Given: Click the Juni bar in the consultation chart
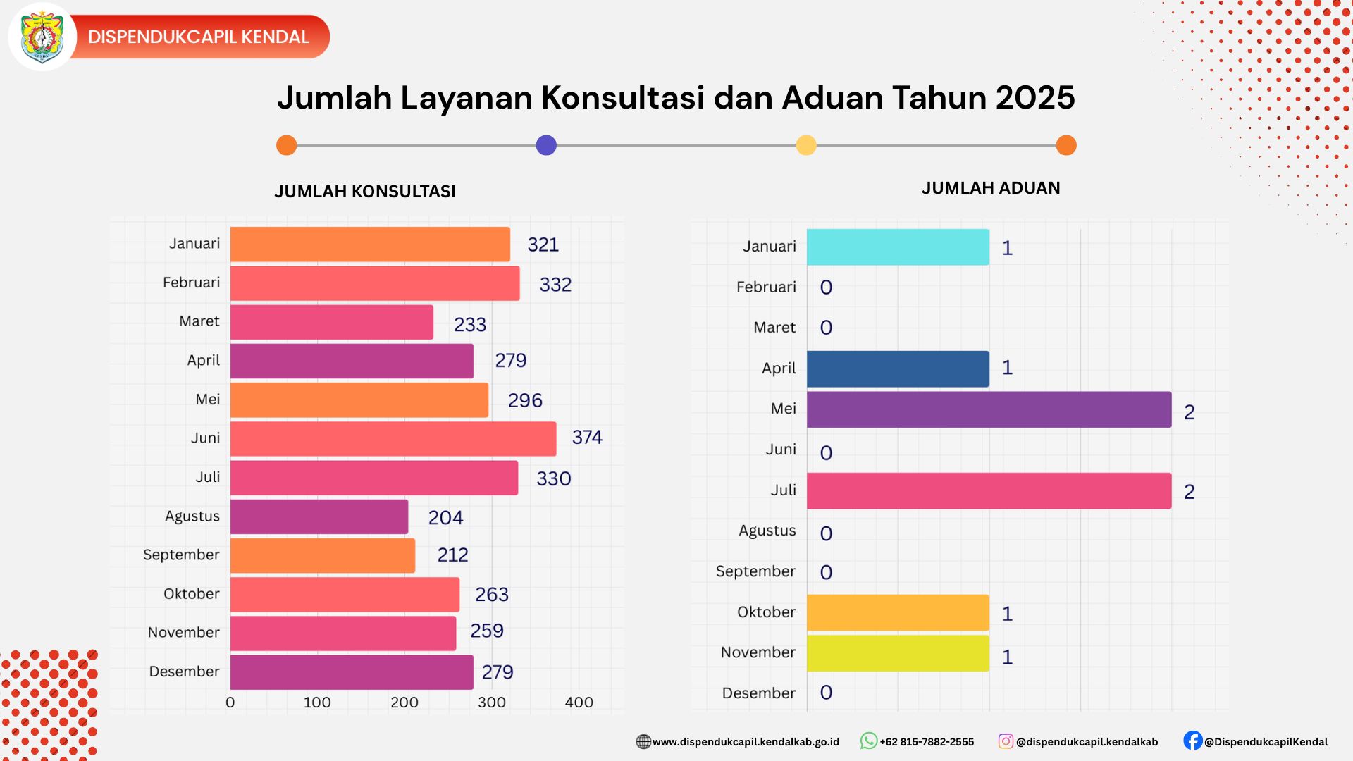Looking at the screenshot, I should click(393, 438).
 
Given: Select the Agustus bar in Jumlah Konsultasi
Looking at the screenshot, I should click(319, 516).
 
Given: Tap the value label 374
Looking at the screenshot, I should click(587, 438).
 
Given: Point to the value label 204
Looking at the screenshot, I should click(445, 518).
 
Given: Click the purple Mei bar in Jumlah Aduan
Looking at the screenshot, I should click(989, 409).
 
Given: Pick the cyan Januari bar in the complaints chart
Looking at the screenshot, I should click(898, 247).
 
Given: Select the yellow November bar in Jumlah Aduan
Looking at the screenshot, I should click(898, 653).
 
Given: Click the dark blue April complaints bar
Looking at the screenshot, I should click(898, 369).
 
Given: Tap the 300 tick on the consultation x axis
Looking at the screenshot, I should click(491, 703).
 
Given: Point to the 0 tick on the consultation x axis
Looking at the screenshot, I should click(230, 703).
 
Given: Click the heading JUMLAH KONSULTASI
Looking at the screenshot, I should click(365, 192).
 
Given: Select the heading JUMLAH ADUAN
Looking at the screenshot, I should click(991, 188).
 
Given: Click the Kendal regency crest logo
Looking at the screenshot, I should click(42, 37).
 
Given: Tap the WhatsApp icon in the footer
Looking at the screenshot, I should click(868, 741).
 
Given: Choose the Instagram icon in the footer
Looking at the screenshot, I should click(1006, 741).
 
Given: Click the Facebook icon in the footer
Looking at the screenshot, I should click(1192, 741).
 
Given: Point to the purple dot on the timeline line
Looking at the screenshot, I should click(546, 145).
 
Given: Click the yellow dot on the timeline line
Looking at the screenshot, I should click(806, 145).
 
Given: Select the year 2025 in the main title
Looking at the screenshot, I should click(1034, 98).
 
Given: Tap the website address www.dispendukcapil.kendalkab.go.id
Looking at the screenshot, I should click(746, 742).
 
